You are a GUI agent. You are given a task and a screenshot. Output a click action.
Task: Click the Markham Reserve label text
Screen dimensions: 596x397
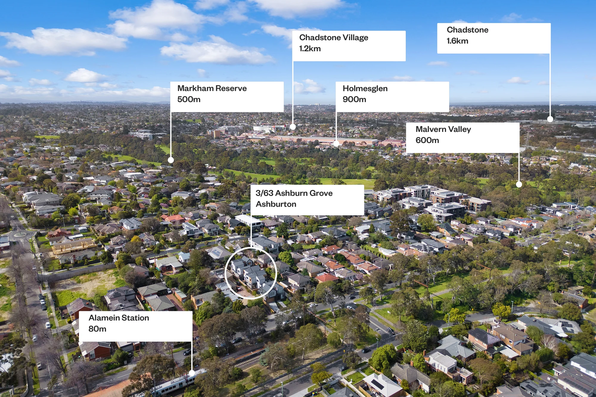(212, 88)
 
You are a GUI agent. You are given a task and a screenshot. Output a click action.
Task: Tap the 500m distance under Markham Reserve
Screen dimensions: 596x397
(189, 99)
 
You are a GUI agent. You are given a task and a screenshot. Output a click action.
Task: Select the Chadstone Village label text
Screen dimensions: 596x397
(334, 38)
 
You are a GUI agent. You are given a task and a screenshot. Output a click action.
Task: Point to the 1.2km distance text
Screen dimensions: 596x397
(310, 49)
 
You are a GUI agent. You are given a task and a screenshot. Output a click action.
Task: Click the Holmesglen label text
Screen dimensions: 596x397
(365, 89)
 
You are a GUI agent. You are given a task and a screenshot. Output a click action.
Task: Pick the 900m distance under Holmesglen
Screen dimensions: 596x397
(354, 99)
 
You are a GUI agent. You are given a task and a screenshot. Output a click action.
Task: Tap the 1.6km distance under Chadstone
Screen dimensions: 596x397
(457, 41)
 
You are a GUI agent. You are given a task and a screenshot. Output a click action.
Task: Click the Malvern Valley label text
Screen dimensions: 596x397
(443, 129)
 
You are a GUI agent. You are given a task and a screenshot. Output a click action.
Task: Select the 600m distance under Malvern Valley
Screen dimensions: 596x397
(427, 140)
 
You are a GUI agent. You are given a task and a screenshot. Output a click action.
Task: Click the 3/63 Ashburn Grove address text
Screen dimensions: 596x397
(294, 193)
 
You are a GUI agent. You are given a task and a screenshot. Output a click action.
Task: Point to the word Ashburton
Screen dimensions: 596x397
(276, 204)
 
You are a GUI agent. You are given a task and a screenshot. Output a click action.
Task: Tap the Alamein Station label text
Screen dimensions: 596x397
(119, 318)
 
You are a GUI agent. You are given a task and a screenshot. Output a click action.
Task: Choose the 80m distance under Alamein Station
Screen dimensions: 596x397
(97, 329)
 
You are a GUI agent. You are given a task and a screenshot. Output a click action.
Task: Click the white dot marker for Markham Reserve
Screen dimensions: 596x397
(171, 160)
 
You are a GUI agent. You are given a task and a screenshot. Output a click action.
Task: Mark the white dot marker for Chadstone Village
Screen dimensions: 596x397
(293, 127)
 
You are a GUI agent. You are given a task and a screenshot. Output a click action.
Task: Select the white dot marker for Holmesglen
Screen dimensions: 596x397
(336, 143)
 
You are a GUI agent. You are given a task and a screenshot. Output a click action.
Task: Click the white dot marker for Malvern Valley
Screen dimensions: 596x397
(519, 184)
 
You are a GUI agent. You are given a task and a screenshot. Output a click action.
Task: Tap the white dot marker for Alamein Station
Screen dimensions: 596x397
(192, 373)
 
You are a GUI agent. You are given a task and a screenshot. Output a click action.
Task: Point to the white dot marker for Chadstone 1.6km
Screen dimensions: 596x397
(550, 119)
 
